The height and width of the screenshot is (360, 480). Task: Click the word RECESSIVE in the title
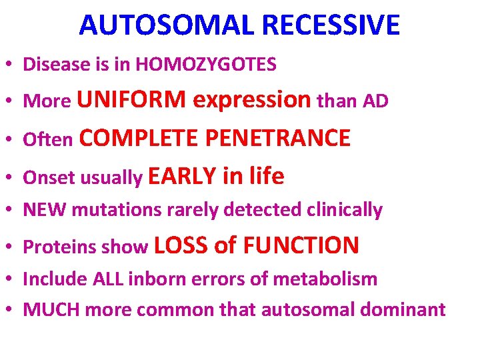coord(331,25)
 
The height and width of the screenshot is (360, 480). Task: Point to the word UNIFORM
coord(131,100)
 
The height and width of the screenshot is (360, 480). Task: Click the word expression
coord(251,100)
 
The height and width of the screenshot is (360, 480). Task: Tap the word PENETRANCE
coord(277,138)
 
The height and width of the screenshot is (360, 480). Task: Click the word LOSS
coord(181,246)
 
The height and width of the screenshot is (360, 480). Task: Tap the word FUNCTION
coord(301,246)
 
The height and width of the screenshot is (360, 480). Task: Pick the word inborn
coord(152,279)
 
